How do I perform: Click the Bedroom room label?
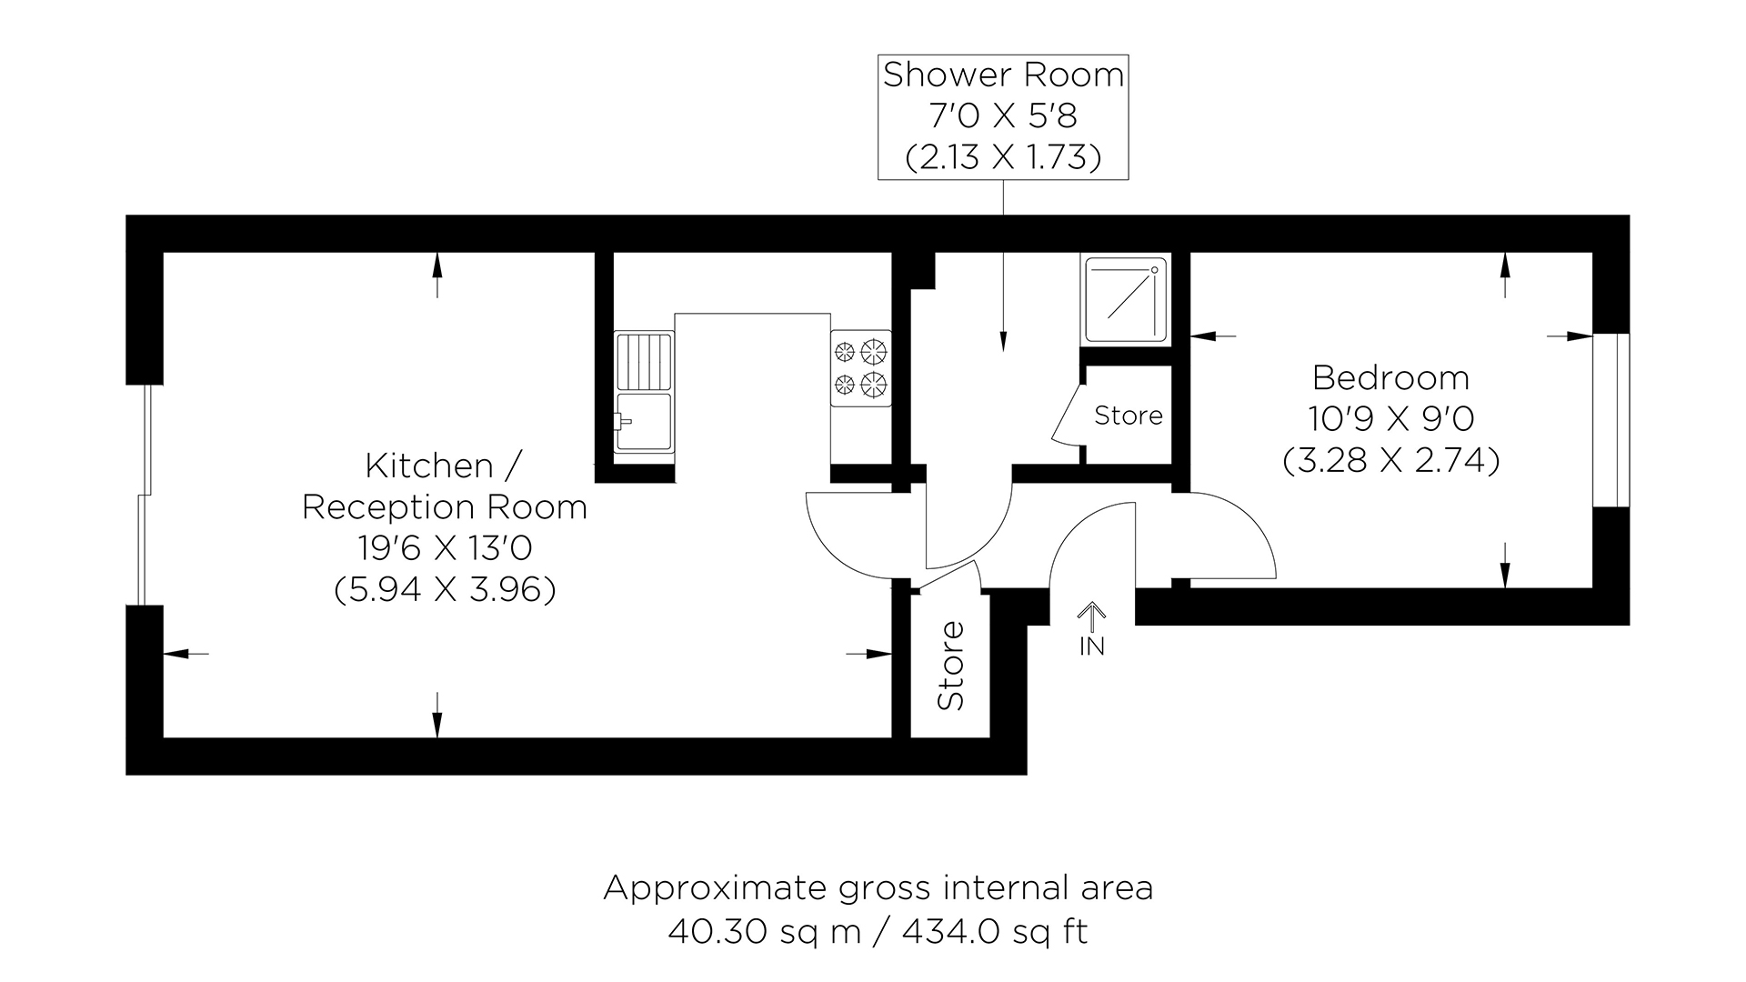coord(1390,376)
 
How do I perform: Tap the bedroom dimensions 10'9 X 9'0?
coord(1390,418)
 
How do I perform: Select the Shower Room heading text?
coord(1003,75)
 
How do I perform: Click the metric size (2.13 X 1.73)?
coord(1003,157)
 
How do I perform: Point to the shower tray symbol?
coord(1125,299)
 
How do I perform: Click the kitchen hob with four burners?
coord(860,368)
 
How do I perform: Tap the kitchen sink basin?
coord(644,422)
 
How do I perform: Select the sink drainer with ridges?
coord(644,361)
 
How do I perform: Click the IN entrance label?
coord(1091,646)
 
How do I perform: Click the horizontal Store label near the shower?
coord(1129,416)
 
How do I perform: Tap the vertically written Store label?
coord(950,665)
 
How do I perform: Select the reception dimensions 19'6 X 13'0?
coord(445,548)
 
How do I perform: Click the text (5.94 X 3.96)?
coord(445,590)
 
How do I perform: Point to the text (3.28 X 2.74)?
coord(1390,461)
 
